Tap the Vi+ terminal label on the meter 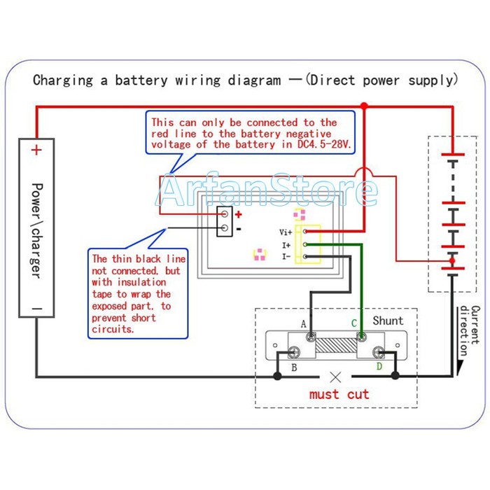286,232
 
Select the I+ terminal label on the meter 286,245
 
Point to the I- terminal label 286,257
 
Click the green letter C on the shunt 354,323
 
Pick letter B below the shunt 294,367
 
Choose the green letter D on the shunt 379,366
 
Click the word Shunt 387,321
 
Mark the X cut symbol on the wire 335,375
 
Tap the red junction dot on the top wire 364,106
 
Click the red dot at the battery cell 452,261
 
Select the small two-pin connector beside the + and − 224,221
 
